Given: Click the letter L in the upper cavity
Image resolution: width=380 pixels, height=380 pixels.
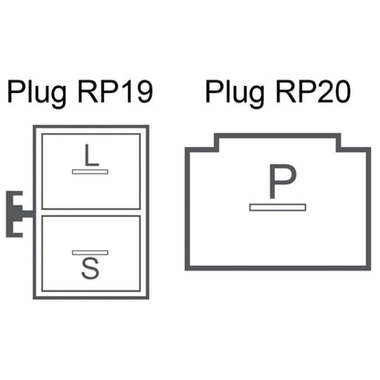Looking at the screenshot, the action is [90, 155].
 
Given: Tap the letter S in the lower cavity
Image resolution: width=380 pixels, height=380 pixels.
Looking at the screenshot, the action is [90, 268].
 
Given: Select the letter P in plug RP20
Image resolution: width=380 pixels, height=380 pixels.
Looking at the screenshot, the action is [282, 182].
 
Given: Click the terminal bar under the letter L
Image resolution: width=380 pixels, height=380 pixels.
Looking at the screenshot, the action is [90, 172].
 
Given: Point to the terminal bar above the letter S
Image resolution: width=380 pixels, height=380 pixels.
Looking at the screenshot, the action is [90, 252].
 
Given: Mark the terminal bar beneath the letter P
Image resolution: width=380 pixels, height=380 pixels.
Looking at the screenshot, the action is [278, 207].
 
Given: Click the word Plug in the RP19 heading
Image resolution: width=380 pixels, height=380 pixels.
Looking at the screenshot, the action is [37, 92].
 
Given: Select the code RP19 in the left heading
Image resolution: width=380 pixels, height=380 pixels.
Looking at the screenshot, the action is [115, 91].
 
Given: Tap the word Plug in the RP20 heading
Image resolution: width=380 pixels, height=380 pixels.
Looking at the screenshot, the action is [235, 92].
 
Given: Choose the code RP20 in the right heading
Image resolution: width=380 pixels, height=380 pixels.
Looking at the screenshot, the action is [313, 91].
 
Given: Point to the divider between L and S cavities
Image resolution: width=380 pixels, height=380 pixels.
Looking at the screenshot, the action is [91, 213].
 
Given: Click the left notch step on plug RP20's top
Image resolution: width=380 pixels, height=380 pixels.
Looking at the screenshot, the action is [216, 143].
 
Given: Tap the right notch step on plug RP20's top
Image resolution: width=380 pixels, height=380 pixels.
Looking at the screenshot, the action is [339, 143].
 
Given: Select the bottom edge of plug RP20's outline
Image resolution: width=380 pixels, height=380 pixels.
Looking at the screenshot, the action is [278, 268].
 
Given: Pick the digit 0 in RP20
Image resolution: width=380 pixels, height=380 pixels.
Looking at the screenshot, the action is [342, 91].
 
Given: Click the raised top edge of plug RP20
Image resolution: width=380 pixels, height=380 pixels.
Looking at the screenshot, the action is [278, 135].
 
